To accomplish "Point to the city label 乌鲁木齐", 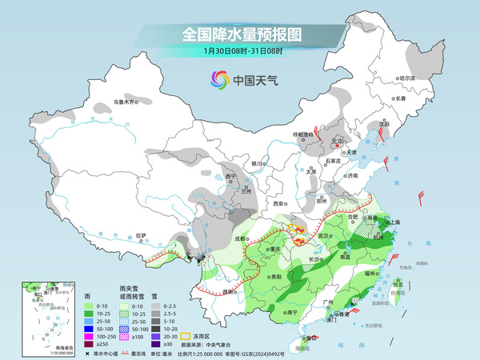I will click(124, 102).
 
